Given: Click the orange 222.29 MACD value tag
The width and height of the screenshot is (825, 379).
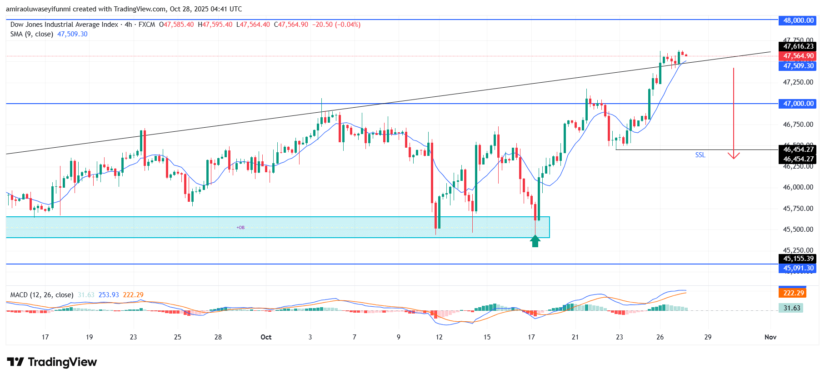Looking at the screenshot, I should pos(793,293).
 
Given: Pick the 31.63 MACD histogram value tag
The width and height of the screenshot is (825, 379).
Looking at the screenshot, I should pos(791,308).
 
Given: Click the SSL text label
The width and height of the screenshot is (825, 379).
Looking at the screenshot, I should pos(700,155).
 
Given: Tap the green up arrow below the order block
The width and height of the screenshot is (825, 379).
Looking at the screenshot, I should pos(535,241).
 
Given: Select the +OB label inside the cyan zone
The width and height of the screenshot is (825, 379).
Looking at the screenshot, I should pos(240,227).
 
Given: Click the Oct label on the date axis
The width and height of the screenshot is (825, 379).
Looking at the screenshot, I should pos(266,337).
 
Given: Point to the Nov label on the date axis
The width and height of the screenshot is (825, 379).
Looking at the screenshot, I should pos(770,337).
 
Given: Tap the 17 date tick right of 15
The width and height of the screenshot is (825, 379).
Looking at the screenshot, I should pos(531,337).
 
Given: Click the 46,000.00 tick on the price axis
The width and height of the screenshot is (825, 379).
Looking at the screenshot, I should pos(798,187).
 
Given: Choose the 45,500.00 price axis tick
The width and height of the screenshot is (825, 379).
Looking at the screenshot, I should pos(798,229).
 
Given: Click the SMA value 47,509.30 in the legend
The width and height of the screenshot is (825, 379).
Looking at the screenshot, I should pos(72,34).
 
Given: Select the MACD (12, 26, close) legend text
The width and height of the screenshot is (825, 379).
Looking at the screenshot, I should pos(42,295).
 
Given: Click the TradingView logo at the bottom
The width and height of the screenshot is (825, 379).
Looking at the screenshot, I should pos(52,362).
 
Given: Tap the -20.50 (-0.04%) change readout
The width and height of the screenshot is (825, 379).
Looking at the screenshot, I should pos(336,25).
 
